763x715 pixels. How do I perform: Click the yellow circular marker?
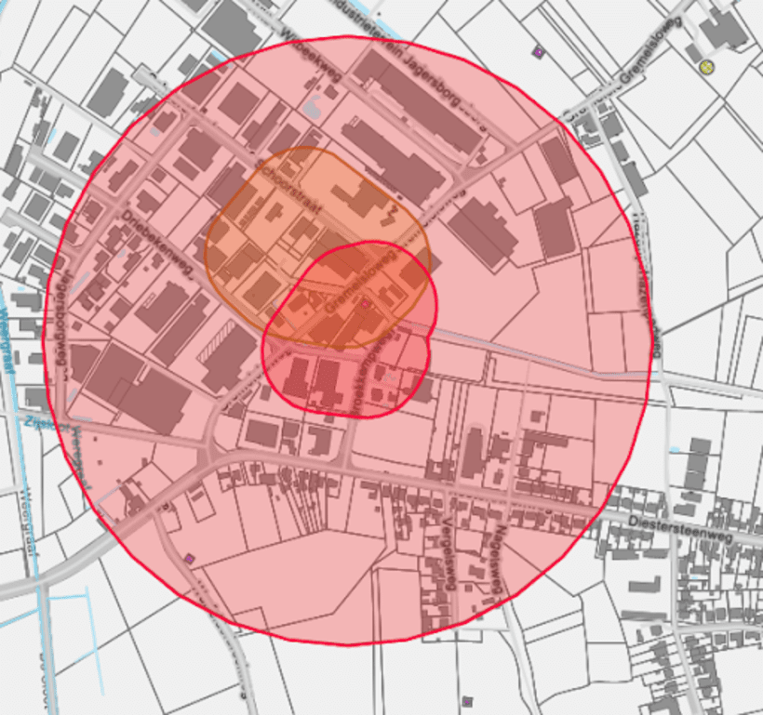[706, 66]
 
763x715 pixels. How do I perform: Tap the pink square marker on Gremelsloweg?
[366, 303]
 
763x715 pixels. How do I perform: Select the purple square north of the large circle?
[538, 51]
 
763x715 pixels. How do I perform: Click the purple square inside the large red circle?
[191, 558]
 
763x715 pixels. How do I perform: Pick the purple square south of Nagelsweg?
[467, 700]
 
